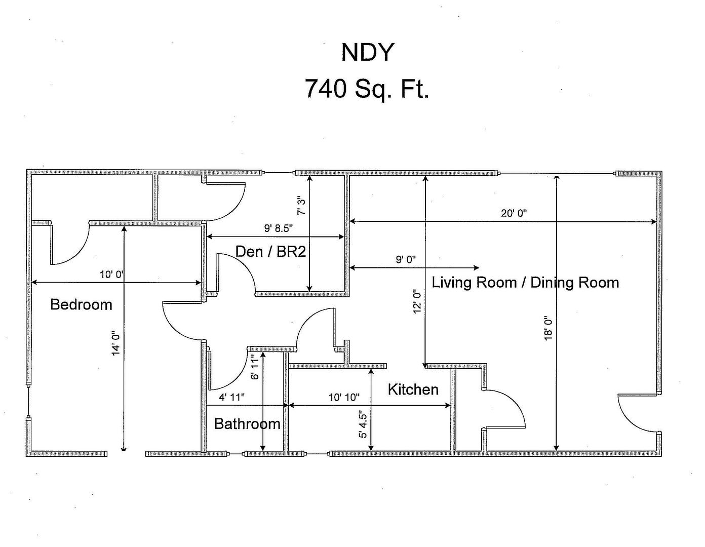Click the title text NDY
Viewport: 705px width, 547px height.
(x=367, y=52)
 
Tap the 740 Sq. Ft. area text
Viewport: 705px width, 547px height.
(x=367, y=89)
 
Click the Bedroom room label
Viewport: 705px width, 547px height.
(x=81, y=304)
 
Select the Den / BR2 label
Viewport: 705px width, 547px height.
(x=270, y=251)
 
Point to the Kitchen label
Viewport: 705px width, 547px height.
(x=413, y=389)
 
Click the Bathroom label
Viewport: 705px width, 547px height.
(x=247, y=423)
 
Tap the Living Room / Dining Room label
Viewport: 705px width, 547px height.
(x=525, y=282)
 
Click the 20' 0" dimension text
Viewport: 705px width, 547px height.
(x=514, y=213)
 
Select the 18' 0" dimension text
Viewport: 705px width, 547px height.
(x=549, y=328)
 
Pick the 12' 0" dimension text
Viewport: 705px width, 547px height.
(x=417, y=301)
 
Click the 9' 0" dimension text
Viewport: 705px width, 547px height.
(x=406, y=259)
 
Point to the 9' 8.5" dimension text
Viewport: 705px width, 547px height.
(x=279, y=228)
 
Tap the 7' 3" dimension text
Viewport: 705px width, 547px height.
(x=301, y=208)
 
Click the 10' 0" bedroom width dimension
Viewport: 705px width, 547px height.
(x=112, y=275)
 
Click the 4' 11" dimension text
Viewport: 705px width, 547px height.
(x=231, y=397)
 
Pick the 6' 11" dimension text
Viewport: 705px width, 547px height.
(x=255, y=367)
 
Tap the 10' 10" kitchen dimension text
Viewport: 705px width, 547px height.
(x=344, y=397)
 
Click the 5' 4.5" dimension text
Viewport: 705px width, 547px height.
(x=363, y=425)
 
